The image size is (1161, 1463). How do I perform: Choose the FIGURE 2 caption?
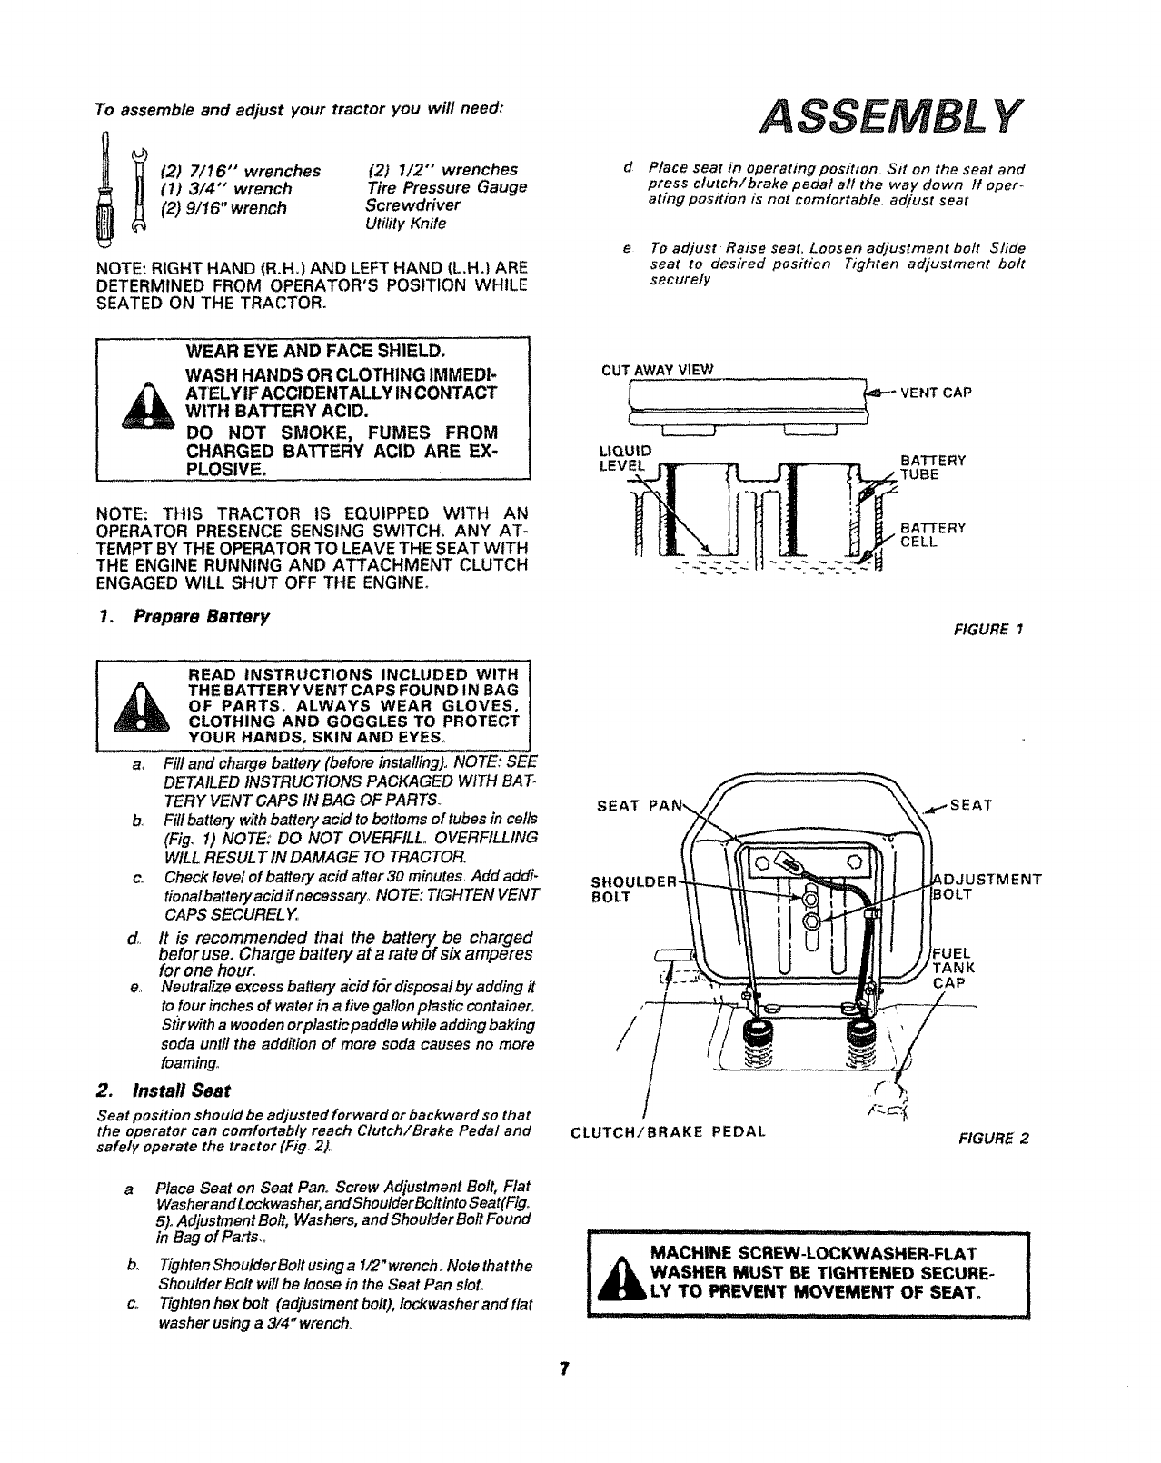(x=995, y=1139)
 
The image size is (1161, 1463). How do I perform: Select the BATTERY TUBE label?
(x=932, y=467)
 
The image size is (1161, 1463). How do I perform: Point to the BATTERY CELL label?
(x=932, y=534)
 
